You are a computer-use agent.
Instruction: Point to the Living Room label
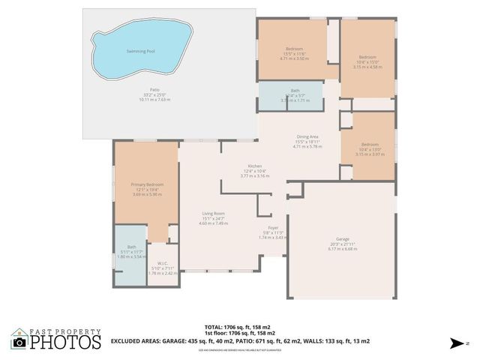[x=213, y=214]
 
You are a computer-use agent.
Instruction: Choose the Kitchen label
[x=255, y=166]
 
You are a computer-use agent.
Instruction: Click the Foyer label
[x=274, y=227]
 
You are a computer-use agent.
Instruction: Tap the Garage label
[x=342, y=238]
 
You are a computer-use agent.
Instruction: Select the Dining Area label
[x=307, y=136]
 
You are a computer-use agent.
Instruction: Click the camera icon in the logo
[x=19, y=342]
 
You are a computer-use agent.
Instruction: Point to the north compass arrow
[x=455, y=343]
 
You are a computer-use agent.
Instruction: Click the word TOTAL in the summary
[x=214, y=327]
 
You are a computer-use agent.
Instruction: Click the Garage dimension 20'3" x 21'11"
[x=342, y=244]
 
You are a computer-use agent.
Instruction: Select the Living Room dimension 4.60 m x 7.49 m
[x=213, y=223]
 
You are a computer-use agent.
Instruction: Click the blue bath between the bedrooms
[x=290, y=96]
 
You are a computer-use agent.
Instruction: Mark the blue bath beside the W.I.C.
[x=131, y=256]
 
